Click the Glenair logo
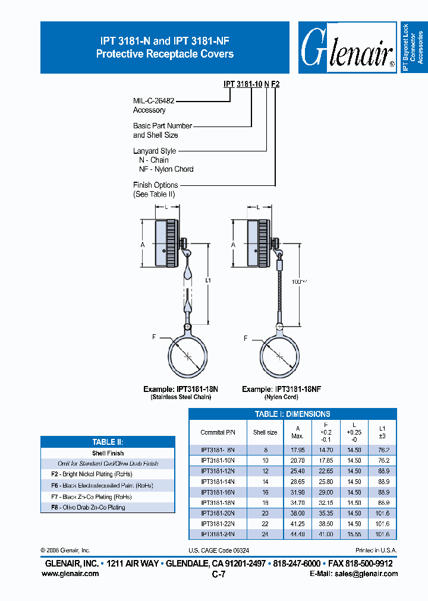348,48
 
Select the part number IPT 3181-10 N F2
251,84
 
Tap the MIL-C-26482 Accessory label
153,106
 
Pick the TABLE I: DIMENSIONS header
292,414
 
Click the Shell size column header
265,432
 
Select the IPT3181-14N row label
218,482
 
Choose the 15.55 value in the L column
354,534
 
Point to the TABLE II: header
108,442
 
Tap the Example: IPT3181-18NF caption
282,389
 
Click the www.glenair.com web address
70,574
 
